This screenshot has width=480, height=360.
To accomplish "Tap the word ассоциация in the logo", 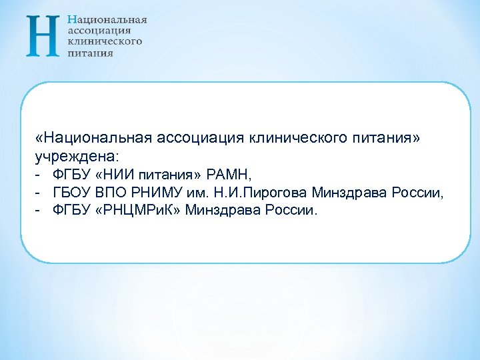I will pos(99,31).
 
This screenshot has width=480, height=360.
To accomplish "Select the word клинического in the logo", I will pos(105,41).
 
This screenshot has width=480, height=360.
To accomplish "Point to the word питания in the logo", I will pos(90,53).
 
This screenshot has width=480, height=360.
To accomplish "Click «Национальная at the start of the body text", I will pos(95,138).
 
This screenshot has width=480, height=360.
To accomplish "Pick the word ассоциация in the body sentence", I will pos(201,138).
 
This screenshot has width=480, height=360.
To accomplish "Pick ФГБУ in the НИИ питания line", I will pos(71,175).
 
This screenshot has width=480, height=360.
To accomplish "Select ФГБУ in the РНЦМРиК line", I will pos(71,211).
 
